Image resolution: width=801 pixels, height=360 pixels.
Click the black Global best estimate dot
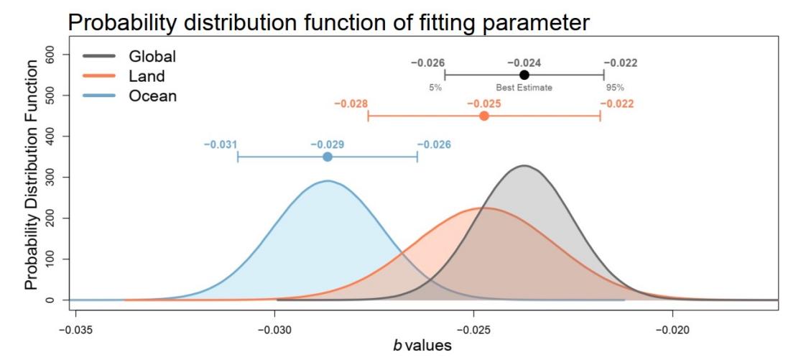[524, 75]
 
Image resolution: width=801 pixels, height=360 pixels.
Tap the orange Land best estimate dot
[484, 116]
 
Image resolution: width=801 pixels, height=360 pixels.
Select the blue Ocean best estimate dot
[328, 157]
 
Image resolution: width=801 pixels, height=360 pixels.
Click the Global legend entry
[152, 55]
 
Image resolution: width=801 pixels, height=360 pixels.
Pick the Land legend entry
[147, 75]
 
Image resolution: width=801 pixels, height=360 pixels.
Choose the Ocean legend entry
[152, 96]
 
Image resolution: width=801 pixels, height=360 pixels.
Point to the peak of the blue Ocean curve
[328, 180]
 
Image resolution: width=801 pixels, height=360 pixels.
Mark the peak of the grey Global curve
[525, 165]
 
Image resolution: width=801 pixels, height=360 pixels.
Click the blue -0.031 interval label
[221, 144]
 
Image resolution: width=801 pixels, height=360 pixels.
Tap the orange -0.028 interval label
[351, 103]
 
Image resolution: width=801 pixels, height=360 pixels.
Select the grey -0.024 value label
[524, 63]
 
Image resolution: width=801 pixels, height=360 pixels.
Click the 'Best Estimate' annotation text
[524, 88]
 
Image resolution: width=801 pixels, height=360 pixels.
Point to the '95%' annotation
[614, 88]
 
